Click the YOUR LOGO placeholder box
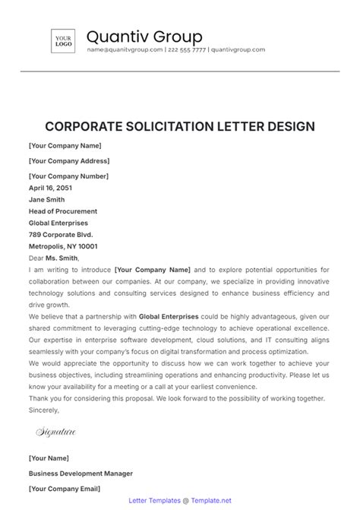pyautogui.click(x=62, y=41)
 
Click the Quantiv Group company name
pyautogui.click(x=144, y=36)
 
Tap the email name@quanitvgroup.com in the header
pyautogui.click(x=125, y=50)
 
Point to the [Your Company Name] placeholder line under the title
pyautogui.click(x=65, y=144)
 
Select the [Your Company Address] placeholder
pyautogui.click(x=68, y=160)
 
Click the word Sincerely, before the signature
pyautogui.click(x=43, y=409)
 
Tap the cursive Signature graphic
pyautogui.click(x=56, y=432)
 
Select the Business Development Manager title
pyautogui.click(x=81, y=473)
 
